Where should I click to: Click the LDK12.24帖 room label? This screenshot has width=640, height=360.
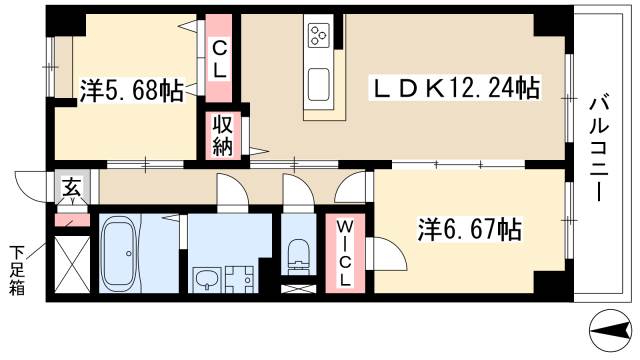click(456, 90)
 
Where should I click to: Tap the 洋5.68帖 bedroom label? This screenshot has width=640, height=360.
click(131, 92)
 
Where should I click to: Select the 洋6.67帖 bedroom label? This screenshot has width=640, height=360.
click(468, 230)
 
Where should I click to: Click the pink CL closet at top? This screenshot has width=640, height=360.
click(219, 57)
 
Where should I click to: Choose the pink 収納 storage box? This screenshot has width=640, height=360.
click(221, 136)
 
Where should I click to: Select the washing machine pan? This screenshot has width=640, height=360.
click(239, 277)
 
